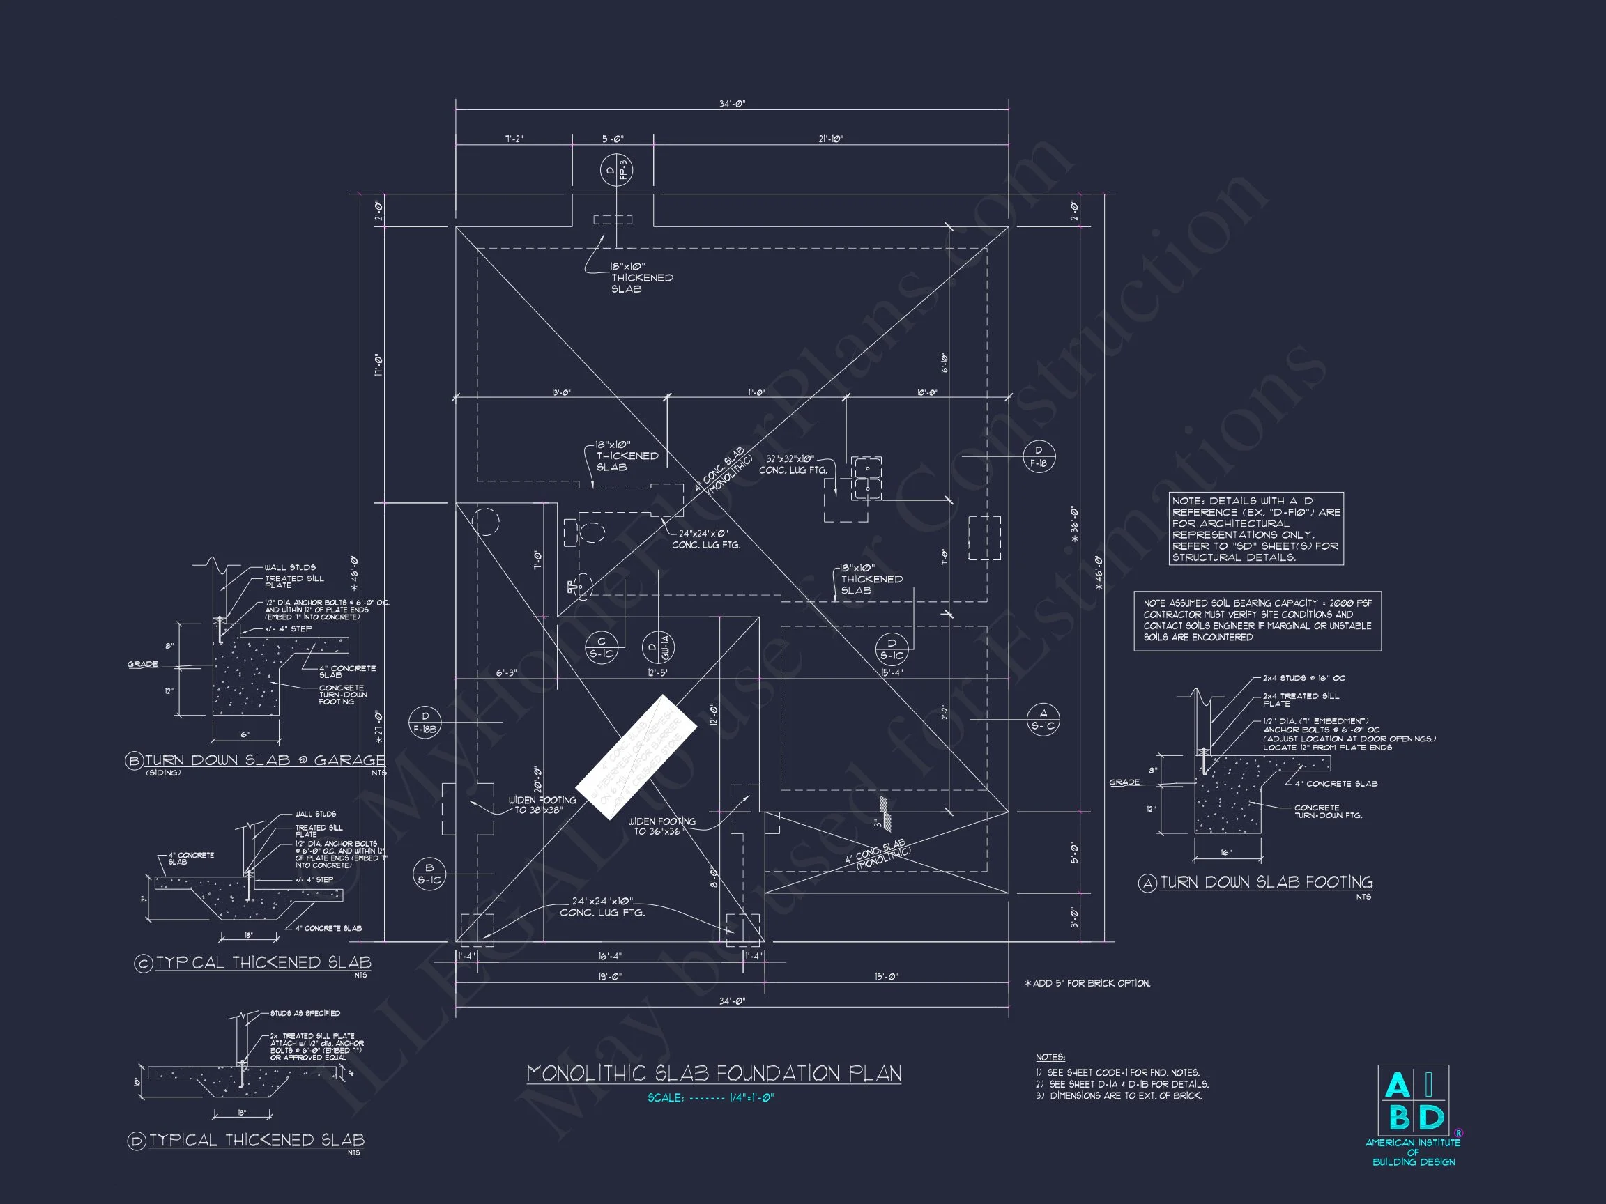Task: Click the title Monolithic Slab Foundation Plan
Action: pos(713,1074)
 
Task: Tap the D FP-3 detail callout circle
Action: pos(616,171)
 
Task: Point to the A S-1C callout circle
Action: pos(1043,720)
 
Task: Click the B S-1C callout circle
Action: pos(429,874)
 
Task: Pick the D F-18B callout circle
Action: pos(425,722)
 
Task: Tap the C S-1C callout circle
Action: pos(601,647)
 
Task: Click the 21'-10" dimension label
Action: pos(831,139)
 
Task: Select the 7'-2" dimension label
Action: pos(514,139)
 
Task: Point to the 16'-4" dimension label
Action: pos(609,957)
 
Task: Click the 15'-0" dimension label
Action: pos(886,977)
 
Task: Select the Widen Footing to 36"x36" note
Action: pos(661,826)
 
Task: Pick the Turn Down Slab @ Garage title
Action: pos(264,761)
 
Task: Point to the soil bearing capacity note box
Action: pos(1257,621)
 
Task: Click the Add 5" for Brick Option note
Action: pos(1087,983)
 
